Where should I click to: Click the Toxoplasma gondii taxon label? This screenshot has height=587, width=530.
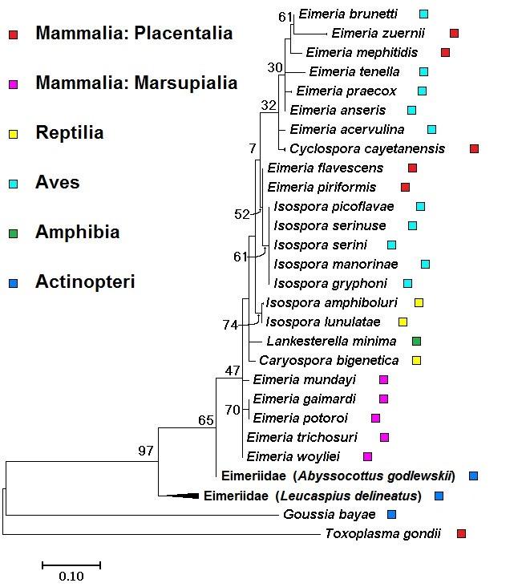382,534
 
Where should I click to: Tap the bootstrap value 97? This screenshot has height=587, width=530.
145,451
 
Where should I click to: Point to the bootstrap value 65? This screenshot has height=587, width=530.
206,420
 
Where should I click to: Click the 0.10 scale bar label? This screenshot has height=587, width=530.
71,576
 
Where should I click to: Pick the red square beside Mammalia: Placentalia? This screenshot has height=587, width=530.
13,34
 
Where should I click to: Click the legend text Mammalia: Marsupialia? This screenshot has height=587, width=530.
136,83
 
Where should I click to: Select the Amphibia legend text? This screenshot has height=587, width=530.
77,233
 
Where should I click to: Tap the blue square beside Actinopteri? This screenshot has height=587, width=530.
13,283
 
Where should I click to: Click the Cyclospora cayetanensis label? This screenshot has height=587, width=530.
367,148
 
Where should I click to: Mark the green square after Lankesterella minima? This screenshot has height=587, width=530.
416,342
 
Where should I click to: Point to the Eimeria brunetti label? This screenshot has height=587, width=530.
347,14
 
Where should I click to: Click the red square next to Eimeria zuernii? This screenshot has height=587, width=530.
454,33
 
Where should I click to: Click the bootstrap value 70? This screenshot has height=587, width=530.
233,410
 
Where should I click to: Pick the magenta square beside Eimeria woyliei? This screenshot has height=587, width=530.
367,457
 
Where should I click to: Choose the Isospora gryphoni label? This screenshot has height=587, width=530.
330,283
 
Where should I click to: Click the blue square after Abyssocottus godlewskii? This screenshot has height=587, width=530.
473,476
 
